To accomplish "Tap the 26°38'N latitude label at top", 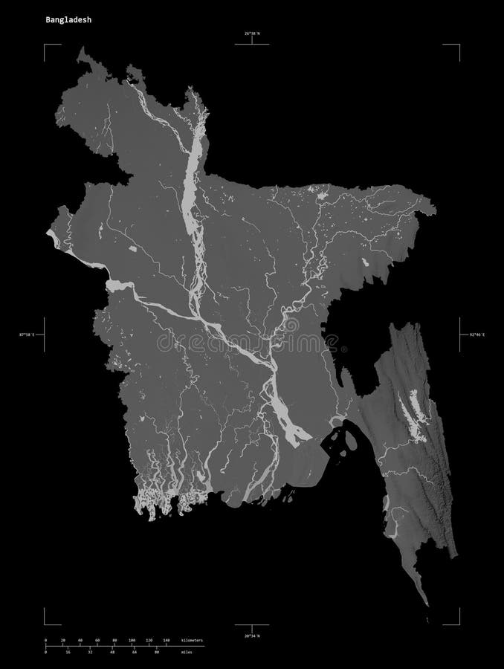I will tap(252, 33).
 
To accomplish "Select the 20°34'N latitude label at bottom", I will tap(252, 636).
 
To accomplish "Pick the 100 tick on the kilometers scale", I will tap(131, 640).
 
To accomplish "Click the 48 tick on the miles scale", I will tap(112, 652).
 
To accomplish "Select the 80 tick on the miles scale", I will tap(157, 652).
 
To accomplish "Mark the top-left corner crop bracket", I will tap(46, 47).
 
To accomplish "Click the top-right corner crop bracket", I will tap(457, 47).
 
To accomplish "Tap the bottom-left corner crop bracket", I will tap(46, 622).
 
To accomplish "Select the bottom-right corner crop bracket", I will tap(457, 622).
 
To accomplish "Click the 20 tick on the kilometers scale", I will tap(62, 640).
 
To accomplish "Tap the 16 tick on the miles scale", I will tap(68, 652).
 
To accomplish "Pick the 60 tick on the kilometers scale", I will tap(97, 640).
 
